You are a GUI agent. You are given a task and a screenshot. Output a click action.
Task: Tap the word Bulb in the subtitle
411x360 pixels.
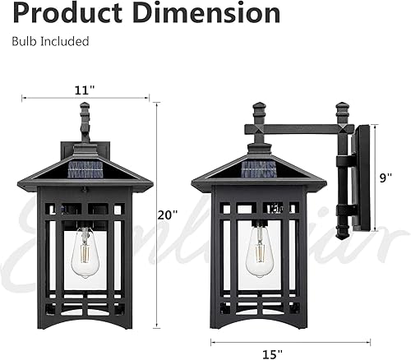pyautogui.click(x=24, y=41)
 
